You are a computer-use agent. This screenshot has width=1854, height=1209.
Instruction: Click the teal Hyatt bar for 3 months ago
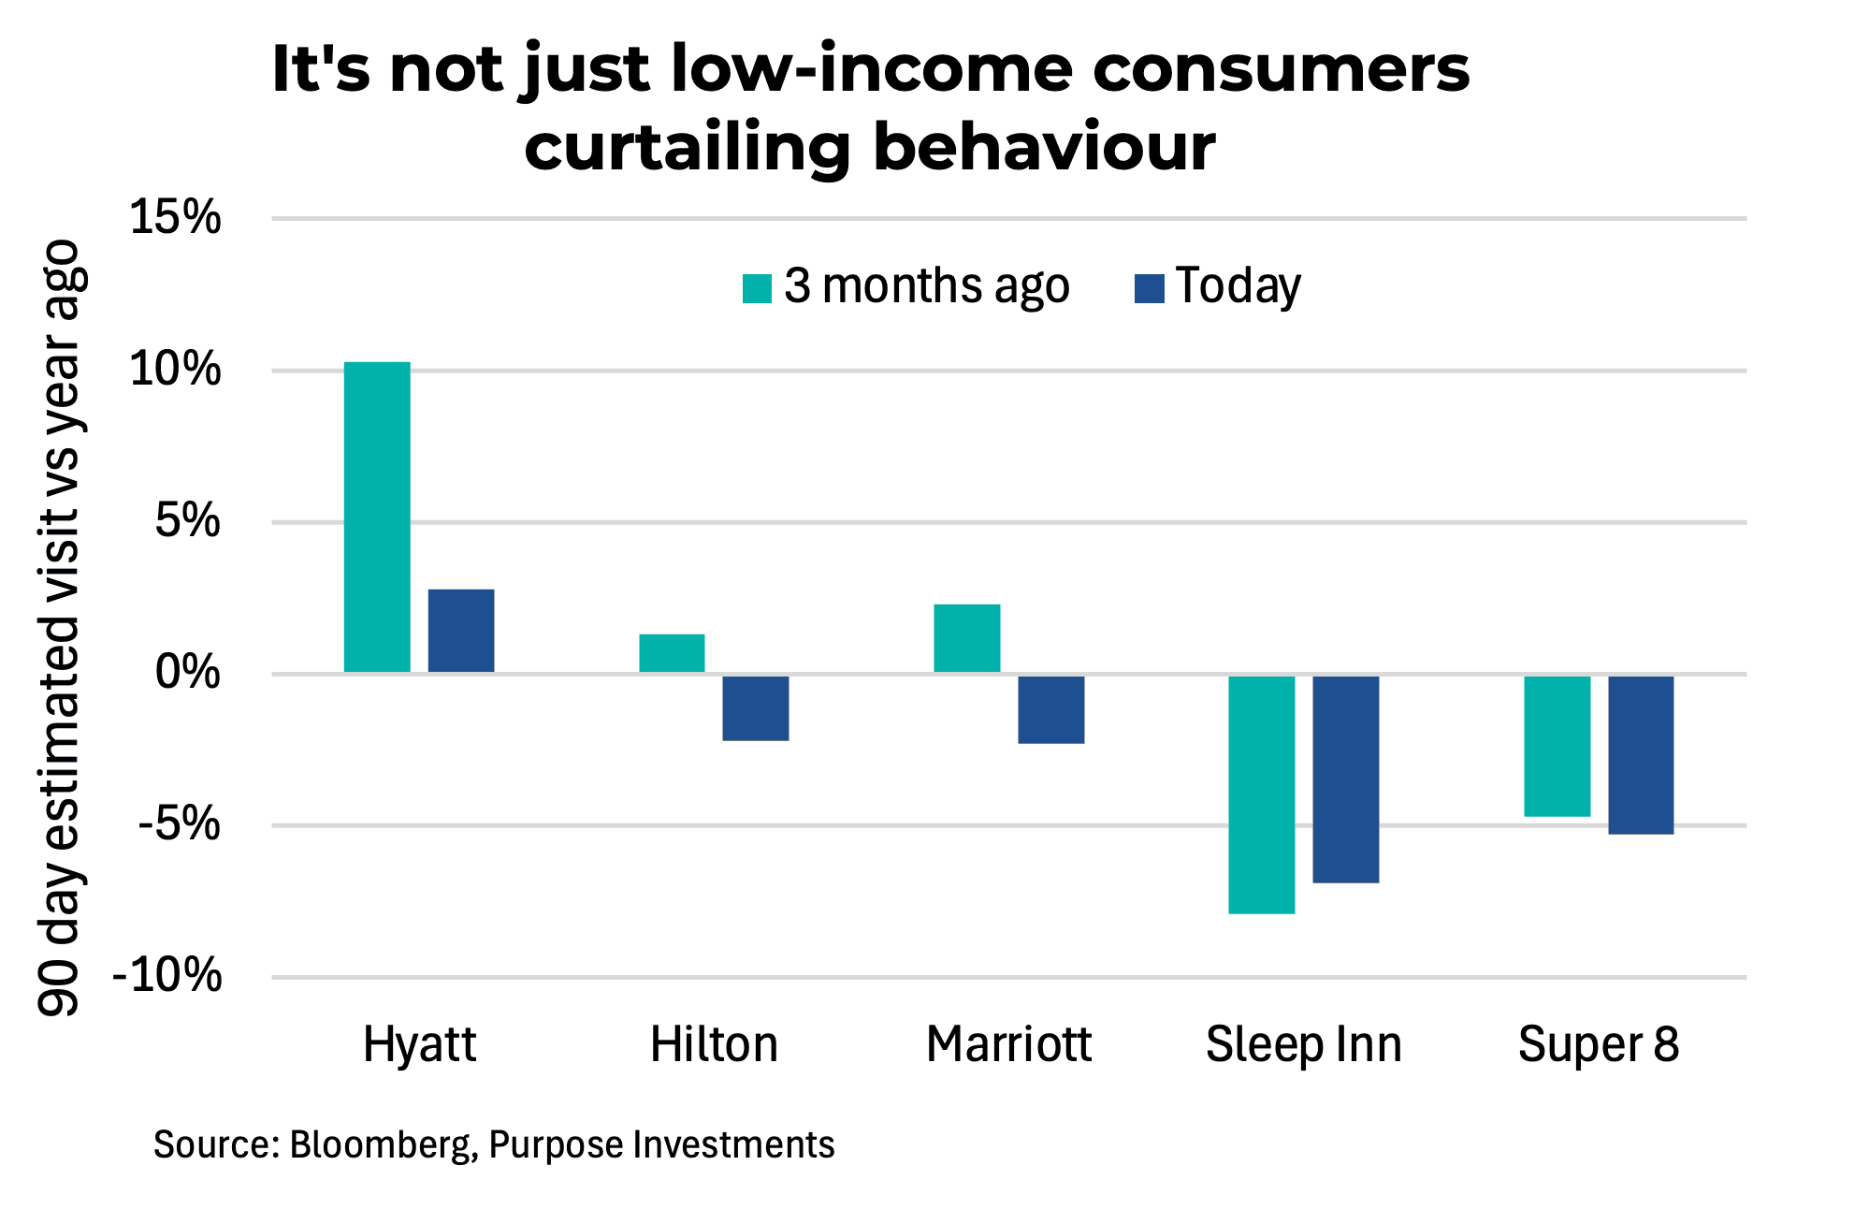(x=377, y=517)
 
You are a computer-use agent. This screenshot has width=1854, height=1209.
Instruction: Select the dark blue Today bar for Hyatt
(x=461, y=630)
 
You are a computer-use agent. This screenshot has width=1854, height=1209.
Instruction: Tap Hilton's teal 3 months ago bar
(x=672, y=652)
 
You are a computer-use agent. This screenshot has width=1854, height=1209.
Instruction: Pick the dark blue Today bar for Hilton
(x=756, y=707)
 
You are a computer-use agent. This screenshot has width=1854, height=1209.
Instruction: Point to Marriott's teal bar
(x=967, y=637)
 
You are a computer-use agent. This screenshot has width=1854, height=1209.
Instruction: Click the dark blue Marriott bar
(x=1051, y=709)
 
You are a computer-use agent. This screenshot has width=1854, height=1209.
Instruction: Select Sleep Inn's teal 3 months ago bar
(x=1262, y=794)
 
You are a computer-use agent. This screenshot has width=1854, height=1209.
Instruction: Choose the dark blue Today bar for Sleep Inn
(x=1346, y=779)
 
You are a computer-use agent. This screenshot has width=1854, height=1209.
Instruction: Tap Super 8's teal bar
(x=1557, y=746)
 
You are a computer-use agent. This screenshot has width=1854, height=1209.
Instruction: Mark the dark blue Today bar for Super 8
(x=1641, y=754)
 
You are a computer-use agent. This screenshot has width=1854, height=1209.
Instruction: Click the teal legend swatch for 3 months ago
(x=757, y=288)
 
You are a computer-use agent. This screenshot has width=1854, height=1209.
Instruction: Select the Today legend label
(x=1238, y=285)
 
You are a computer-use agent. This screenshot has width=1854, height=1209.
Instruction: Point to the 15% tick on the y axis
(x=176, y=218)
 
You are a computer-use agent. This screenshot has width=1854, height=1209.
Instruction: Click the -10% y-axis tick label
(x=167, y=976)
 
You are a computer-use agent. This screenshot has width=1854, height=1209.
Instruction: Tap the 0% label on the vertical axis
(x=187, y=673)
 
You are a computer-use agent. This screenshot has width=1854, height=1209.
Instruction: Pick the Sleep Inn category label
(x=1303, y=1044)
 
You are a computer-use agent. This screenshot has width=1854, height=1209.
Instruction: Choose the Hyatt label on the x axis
(x=419, y=1044)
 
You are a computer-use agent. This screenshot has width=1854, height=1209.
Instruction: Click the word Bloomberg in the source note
(x=382, y=1145)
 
